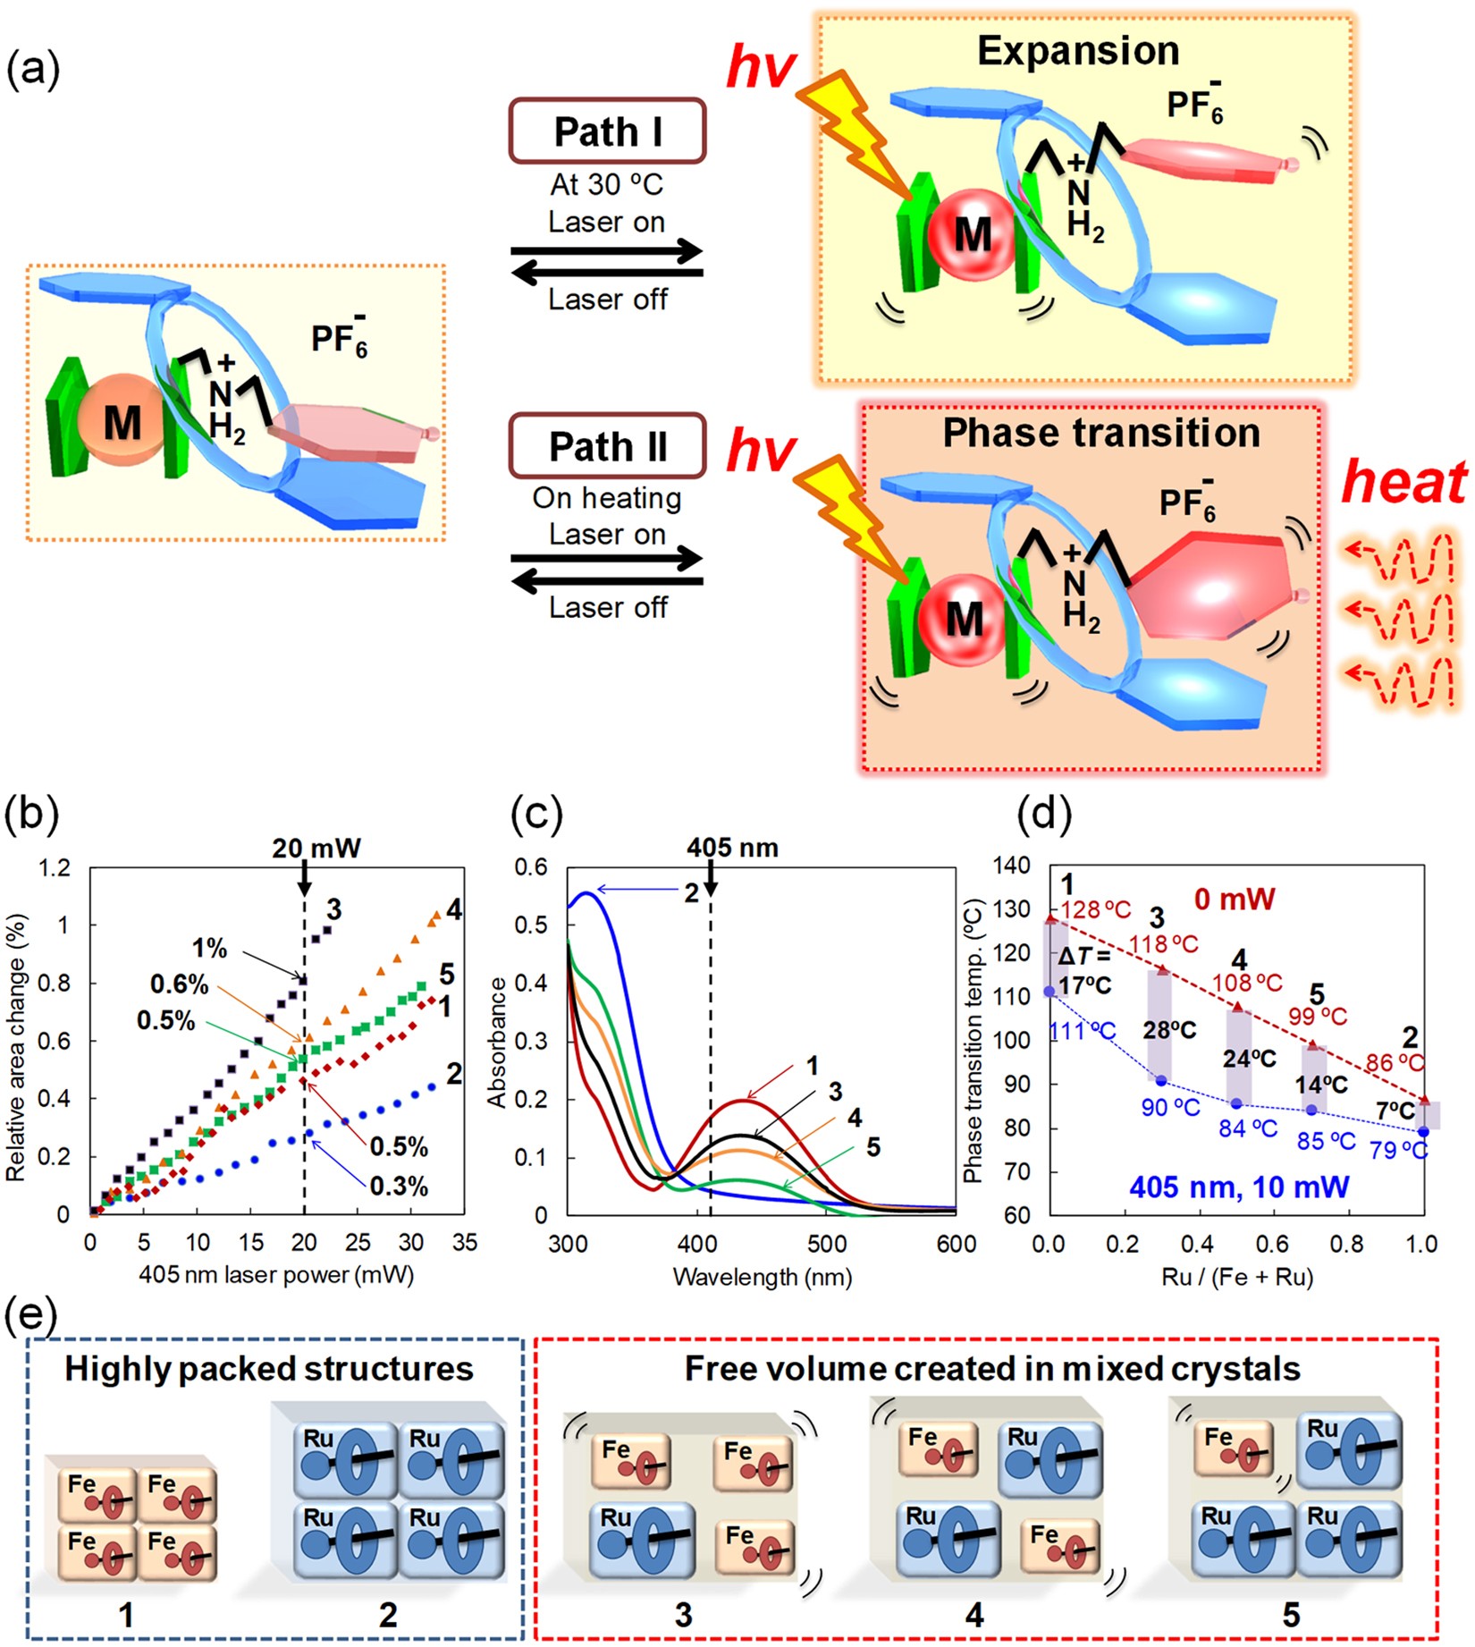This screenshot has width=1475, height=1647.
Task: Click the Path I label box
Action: (x=607, y=131)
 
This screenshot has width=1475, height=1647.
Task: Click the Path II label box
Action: (x=607, y=445)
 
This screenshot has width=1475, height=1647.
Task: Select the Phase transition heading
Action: (x=1100, y=433)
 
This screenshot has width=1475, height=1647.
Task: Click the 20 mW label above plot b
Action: (x=316, y=848)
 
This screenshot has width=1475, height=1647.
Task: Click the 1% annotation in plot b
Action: (x=209, y=948)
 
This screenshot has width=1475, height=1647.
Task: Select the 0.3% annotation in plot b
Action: (x=399, y=1187)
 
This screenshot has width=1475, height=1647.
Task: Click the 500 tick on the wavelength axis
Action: (x=827, y=1244)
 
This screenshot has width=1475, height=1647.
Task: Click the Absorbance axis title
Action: (x=496, y=1043)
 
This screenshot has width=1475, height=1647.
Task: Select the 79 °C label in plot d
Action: (x=1398, y=1150)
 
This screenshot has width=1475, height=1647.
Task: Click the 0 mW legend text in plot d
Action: (x=1235, y=899)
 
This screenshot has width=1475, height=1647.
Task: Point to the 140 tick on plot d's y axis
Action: (x=1014, y=866)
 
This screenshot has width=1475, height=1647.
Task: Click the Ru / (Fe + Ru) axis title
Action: (x=1237, y=1276)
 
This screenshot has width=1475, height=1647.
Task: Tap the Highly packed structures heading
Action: (x=268, y=1369)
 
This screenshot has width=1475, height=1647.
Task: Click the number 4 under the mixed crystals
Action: (x=974, y=1614)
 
